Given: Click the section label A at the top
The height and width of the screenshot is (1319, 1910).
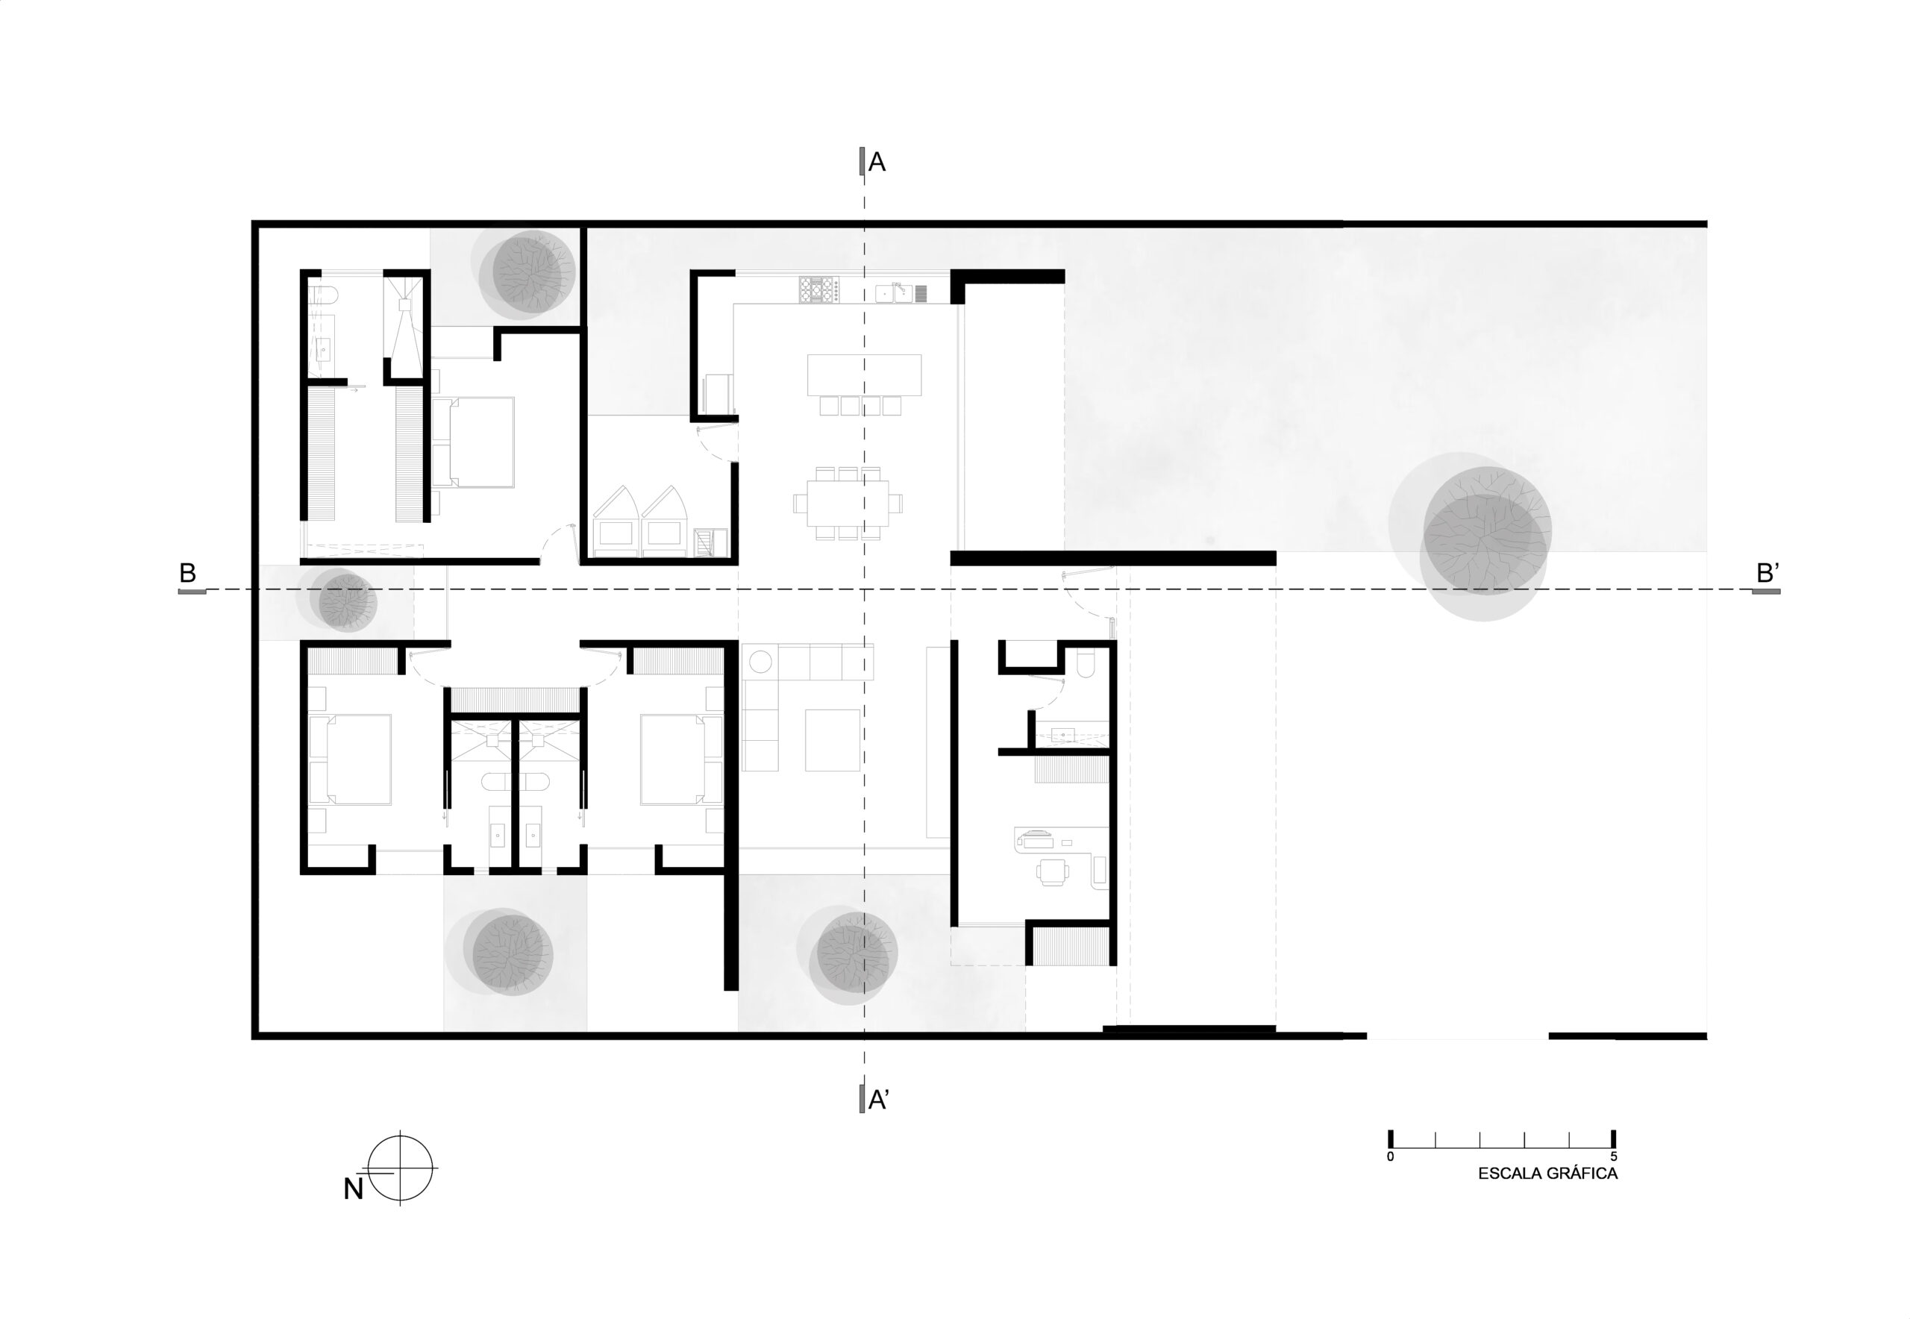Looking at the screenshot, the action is pyautogui.click(x=877, y=162).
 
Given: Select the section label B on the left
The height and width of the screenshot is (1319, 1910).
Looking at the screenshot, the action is pyautogui.click(x=187, y=573).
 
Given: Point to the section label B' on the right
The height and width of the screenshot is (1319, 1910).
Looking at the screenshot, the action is pyautogui.click(x=1767, y=573).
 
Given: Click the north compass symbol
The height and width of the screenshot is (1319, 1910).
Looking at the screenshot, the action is pyautogui.click(x=400, y=1168).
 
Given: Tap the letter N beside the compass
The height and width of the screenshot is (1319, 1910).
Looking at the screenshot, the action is pyautogui.click(x=354, y=1189).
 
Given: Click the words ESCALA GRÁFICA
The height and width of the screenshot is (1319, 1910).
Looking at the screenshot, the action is pyautogui.click(x=1547, y=1174).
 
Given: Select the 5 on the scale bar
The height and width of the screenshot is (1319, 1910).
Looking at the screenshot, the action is pyautogui.click(x=1613, y=1157).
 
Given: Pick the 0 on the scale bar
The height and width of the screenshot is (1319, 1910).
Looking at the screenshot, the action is pyautogui.click(x=1390, y=1157).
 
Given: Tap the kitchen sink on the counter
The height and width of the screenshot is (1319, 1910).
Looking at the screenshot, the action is pyautogui.click(x=893, y=293).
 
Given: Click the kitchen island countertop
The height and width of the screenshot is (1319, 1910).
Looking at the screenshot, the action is pyautogui.click(x=865, y=375).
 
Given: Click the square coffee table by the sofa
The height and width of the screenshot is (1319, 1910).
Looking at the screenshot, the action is pyautogui.click(x=832, y=739).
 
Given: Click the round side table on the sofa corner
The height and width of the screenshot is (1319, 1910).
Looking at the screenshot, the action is pyautogui.click(x=760, y=661).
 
